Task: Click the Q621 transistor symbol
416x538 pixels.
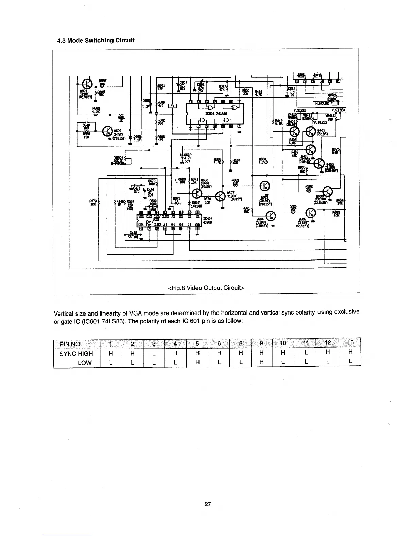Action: (x=88, y=84)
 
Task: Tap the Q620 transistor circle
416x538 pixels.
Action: (x=107, y=130)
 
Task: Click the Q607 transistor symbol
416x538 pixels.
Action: (x=222, y=196)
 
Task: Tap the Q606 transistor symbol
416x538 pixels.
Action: (x=310, y=213)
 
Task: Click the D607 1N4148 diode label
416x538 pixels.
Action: (x=197, y=204)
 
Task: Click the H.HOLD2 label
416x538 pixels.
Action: (x=323, y=103)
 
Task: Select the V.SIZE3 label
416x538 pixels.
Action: (x=300, y=110)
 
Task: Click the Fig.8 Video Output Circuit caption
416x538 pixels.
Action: (x=206, y=288)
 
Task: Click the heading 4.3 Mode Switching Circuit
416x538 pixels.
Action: (x=96, y=41)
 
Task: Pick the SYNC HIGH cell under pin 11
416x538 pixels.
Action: (x=306, y=353)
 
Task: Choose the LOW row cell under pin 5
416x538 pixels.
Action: (x=197, y=362)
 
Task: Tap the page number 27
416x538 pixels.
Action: (x=208, y=504)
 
